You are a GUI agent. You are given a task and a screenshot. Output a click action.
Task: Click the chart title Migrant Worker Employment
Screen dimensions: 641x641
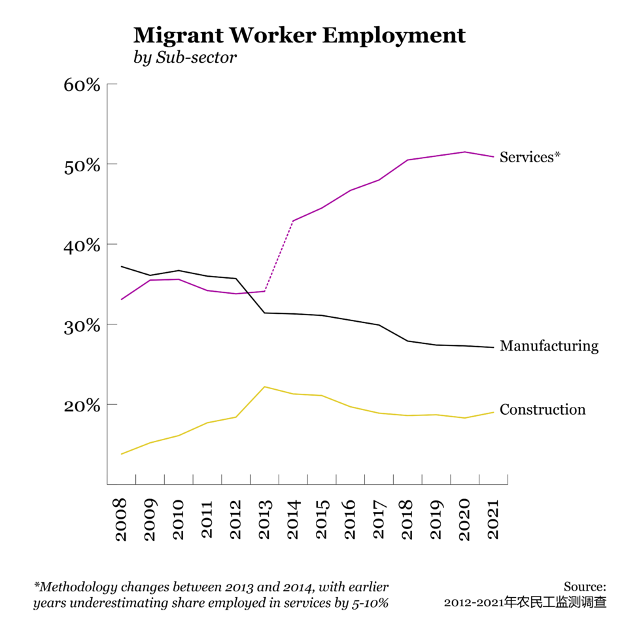(x=299, y=35)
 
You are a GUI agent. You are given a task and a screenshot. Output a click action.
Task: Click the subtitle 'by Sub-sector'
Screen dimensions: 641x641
(x=184, y=58)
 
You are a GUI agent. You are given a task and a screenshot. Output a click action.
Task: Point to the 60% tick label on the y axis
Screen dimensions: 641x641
(x=82, y=85)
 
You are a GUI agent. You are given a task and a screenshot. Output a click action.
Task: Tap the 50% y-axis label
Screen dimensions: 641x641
(x=82, y=165)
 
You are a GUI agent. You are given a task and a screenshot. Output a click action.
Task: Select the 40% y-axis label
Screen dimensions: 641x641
(x=82, y=245)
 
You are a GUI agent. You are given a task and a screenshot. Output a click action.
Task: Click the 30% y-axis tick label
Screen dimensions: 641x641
(x=82, y=325)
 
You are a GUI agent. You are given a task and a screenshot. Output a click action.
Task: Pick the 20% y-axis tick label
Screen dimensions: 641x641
(x=82, y=406)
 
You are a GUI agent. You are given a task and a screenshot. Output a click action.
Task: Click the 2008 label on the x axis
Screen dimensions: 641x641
(x=122, y=521)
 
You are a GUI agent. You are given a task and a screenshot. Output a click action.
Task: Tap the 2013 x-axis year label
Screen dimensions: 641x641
(x=265, y=521)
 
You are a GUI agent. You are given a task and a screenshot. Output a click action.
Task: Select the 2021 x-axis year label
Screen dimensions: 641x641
(x=494, y=521)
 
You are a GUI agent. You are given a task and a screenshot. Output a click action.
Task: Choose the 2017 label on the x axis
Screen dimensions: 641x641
(x=379, y=521)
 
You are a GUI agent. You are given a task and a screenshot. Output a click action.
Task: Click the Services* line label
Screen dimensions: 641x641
(x=530, y=157)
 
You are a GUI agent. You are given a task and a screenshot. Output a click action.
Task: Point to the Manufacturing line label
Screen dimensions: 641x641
(x=549, y=346)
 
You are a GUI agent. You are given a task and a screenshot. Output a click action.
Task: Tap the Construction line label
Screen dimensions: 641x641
(x=542, y=410)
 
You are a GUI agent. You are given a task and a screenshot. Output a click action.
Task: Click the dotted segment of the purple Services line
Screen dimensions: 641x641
(x=279, y=256)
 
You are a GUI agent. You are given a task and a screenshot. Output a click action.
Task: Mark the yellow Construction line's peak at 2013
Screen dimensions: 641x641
(x=264, y=387)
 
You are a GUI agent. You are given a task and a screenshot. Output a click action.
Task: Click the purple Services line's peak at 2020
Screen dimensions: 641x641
(x=465, y=152)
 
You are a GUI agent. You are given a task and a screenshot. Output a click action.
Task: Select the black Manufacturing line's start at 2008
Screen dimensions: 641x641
(x=122, y=266)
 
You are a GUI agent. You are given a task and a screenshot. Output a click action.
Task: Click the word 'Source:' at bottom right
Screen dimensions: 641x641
(x=585, y=587)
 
